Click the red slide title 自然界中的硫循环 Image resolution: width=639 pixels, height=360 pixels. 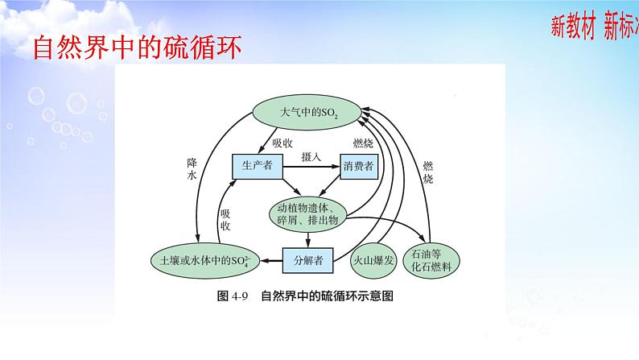coord(138,48)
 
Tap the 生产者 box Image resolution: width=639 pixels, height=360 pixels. coord(257,166)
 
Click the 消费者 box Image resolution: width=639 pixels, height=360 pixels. coord(357,166)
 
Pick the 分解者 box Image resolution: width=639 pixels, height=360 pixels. coord(307,260)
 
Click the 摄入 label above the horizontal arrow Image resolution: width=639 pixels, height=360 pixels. coord(311,155)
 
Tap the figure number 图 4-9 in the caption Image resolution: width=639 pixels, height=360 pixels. coord(234,296)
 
